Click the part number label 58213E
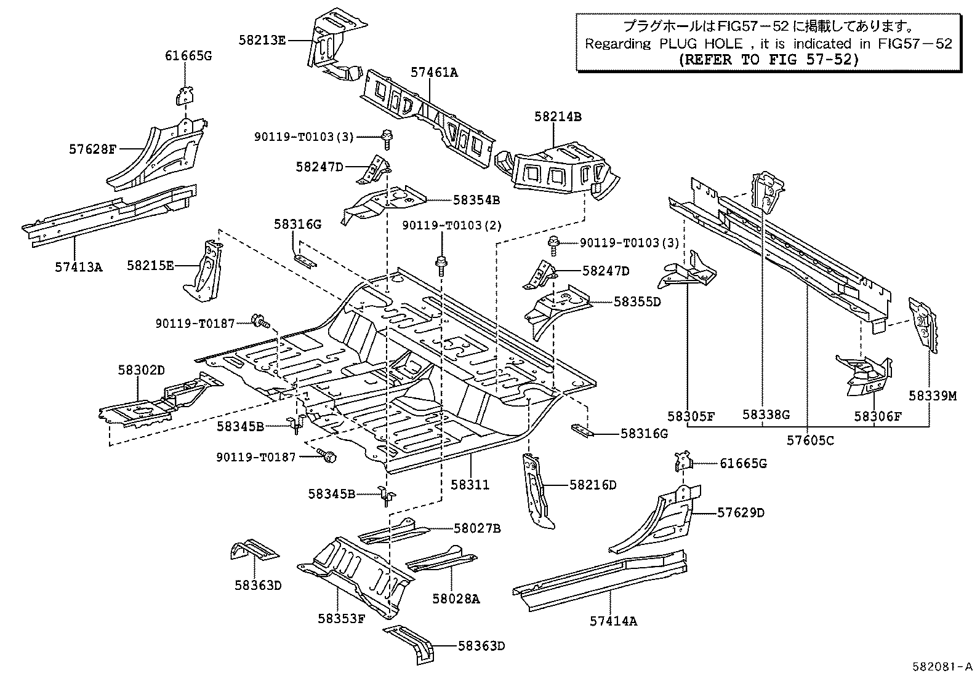(x=262, y=40)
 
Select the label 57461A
(x=435, y=72)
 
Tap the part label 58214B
(x=558, y=116)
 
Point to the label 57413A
(x=78, y=267)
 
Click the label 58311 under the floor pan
(x=470, y=485)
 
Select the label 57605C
(x=811, y=440)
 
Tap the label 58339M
(x=933, y=396)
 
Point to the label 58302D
(x=142, y=370)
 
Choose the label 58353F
(x=342, y=619)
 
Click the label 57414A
(x=613, y=621)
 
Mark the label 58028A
(x=456, y=598)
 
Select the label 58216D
(x=592, y=485)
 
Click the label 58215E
(x=151, y=265)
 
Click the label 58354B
(x=476, y=200)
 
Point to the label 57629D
(x=741, y=512)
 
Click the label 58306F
(x=877, y=416)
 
